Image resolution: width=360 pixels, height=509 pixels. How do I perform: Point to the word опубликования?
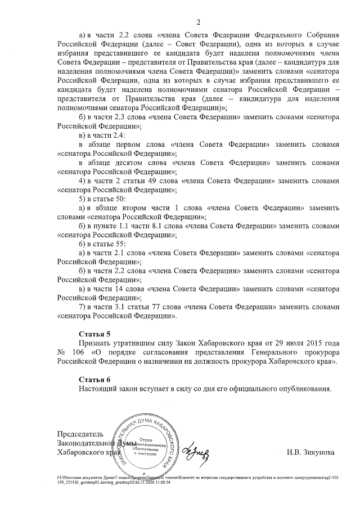coord(299,388)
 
